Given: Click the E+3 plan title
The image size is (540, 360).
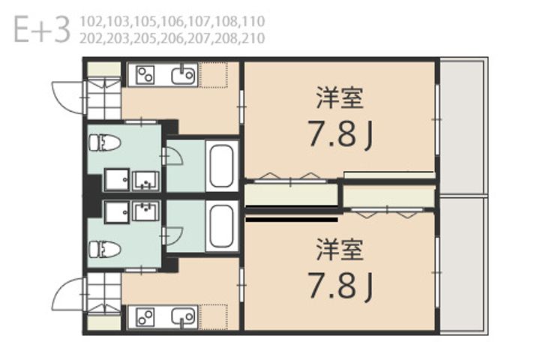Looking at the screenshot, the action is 42,30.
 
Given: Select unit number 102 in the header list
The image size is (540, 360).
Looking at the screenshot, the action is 91,22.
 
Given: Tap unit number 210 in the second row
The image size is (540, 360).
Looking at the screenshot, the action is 253,38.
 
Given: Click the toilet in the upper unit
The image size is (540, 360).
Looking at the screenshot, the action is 105,143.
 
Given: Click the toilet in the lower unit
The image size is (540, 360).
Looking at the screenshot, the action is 105,250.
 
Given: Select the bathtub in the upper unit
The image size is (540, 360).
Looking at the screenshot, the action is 221,166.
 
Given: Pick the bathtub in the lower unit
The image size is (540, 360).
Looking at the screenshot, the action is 221,226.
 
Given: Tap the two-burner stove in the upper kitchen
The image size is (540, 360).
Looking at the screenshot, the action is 145,75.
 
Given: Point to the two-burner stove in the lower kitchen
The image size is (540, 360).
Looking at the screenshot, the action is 145,317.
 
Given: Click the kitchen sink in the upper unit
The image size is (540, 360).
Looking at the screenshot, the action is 184,75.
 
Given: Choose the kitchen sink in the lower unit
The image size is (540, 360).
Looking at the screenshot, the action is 184,317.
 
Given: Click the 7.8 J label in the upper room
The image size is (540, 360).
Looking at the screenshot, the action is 340,134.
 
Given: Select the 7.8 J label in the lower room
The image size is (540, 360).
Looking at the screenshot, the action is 340,286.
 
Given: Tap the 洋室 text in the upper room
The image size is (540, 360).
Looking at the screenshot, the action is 340,98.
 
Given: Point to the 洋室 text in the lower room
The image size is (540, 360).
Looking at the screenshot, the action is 340,250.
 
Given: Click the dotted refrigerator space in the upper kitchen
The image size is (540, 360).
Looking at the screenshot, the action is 213,75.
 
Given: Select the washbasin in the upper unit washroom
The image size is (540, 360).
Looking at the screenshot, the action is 146,181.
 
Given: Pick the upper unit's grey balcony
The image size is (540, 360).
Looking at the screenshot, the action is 463,127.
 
